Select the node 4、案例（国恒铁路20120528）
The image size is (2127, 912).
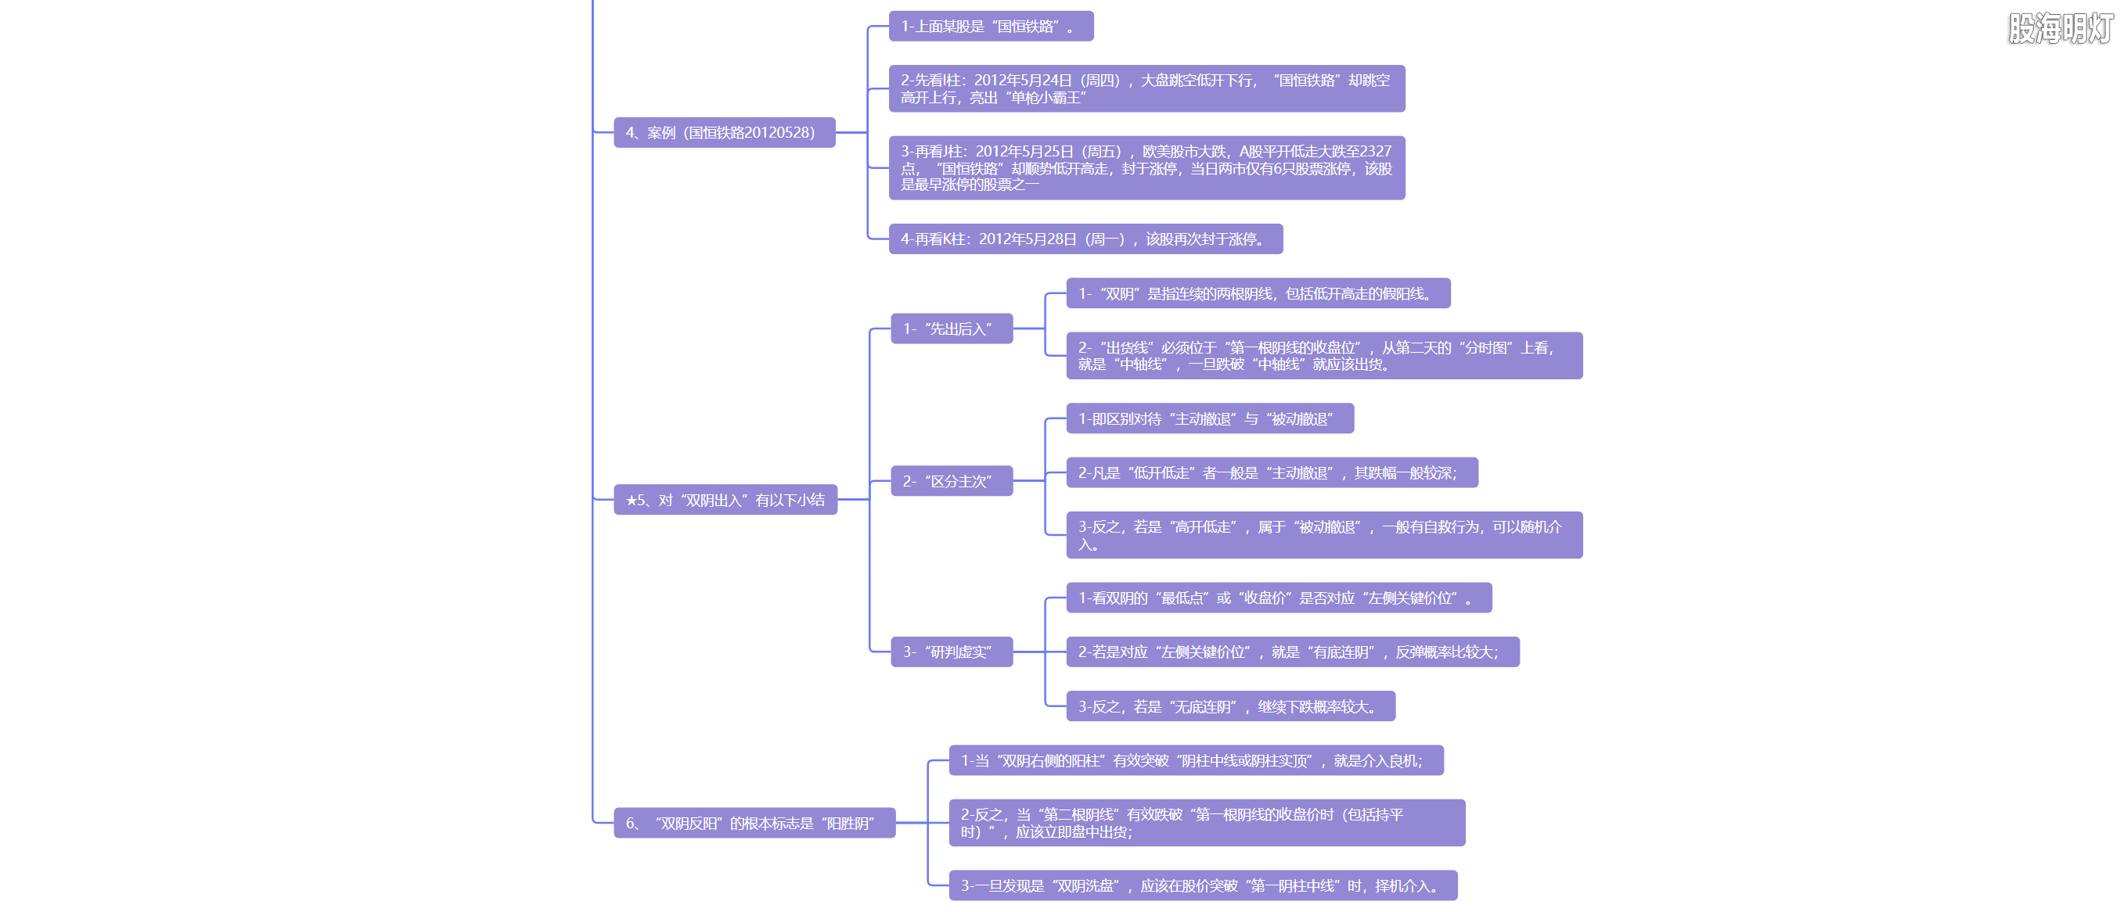coord(723,132)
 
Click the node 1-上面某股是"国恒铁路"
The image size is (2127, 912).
coord(990,27)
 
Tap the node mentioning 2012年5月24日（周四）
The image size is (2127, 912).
coord(1146,88)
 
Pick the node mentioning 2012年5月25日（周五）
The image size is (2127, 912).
coord(1146,167)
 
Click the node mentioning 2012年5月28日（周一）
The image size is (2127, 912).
coord(1085,239)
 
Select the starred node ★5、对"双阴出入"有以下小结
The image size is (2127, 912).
coord(725,499)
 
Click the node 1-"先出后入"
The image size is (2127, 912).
coord(952,329)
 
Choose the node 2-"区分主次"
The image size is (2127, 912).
coord(952,481)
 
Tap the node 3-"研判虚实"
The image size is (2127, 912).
coord(952,652)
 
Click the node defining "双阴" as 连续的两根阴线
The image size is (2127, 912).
coord(1258,293)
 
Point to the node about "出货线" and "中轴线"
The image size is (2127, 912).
coord(1323,356)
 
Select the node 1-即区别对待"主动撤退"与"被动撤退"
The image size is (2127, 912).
coord(1209,418)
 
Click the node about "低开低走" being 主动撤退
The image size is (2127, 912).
coord(1271,473)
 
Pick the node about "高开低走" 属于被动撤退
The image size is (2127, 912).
coord(1323,535)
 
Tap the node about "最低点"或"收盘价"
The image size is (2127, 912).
coord(1278,598)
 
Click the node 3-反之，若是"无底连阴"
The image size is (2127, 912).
coord(1230,706)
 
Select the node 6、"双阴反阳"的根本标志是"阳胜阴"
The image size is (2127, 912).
coord(754,823)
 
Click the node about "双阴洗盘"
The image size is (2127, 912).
coord(1202,885)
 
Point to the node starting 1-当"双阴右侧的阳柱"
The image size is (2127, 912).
coord(1195,760)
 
